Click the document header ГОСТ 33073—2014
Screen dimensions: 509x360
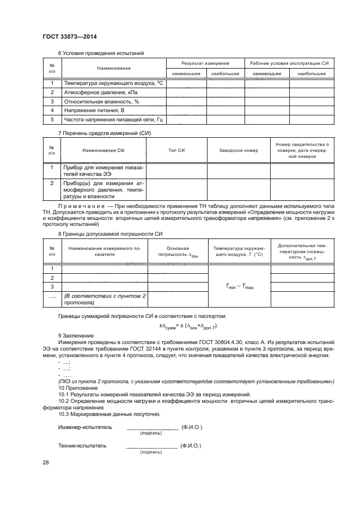[x=65, y=36]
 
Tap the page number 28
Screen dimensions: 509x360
[x=46, y=463]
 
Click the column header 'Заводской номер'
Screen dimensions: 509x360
[x=238, y=150]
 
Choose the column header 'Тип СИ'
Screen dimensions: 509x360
[x=177, y=150]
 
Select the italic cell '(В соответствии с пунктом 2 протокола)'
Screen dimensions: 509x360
[x=103, y=299]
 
